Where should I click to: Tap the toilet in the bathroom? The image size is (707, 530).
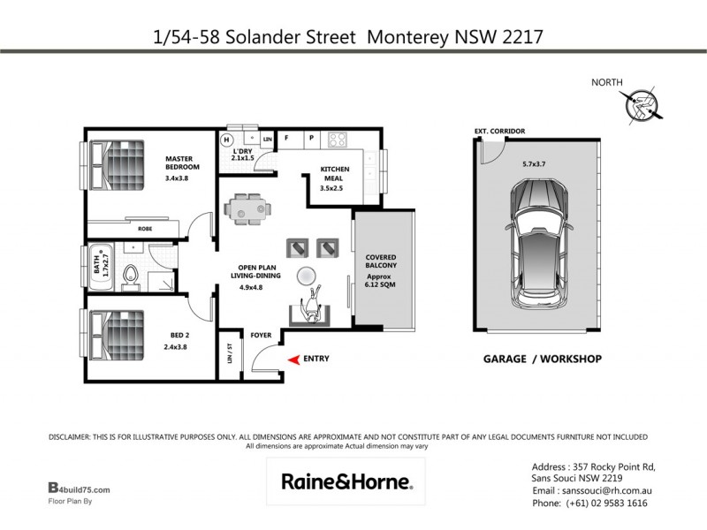point(131,276)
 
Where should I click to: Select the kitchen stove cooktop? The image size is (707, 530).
point(338,139)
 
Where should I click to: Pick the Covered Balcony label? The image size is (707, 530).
point(382,261)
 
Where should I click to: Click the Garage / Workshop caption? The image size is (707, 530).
point(542,360)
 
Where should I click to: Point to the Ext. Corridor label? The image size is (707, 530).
point(499,132)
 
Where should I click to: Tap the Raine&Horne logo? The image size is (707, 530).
point(346,481)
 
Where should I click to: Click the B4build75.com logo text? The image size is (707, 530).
point(79,488)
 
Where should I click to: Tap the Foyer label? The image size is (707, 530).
point(261,336)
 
